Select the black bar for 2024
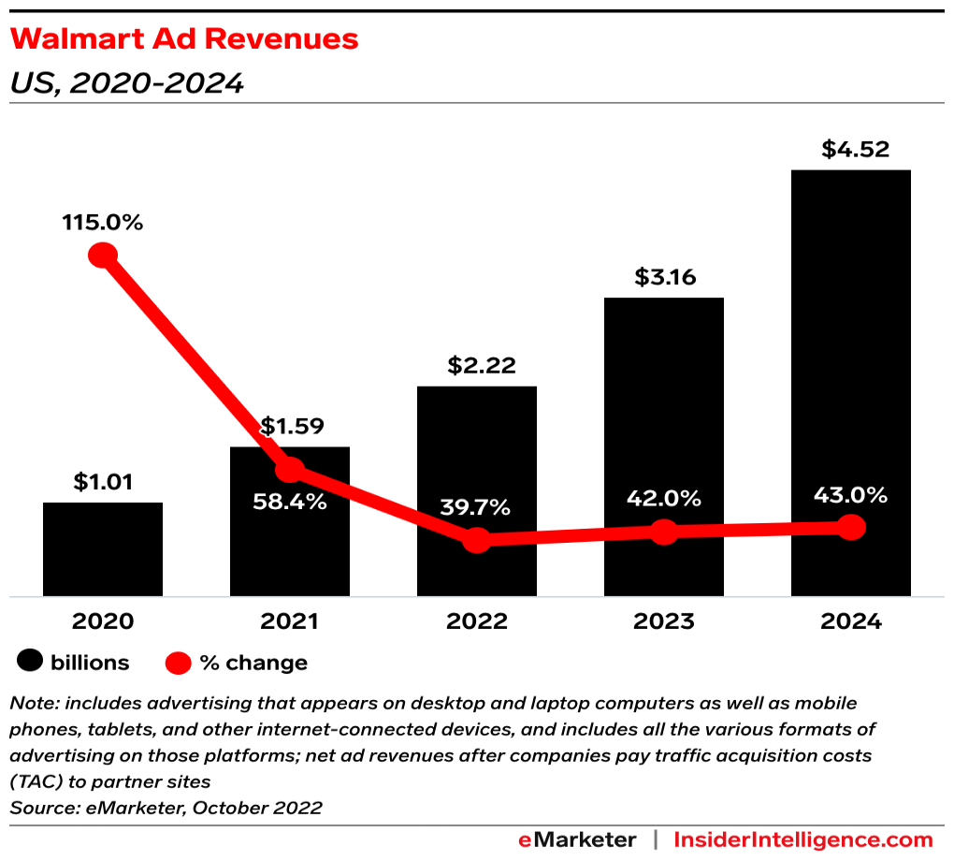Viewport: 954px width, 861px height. [x=850, y=374]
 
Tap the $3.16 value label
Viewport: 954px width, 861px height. [x=663, y=278]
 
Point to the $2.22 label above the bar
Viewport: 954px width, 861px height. [x=477, y=365]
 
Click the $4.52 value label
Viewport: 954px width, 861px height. [x=850, y=150]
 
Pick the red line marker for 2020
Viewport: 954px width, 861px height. [x=103, y=255]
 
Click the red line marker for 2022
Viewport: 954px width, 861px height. [x=477, y=540]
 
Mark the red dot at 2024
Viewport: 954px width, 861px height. [x=850, y=528]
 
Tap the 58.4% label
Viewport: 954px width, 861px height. [x=290, y=502]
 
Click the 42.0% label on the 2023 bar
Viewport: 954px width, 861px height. [x=663, y=498]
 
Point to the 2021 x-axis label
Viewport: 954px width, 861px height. [x=290, y=621]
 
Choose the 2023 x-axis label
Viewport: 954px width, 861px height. [x=663, y=621]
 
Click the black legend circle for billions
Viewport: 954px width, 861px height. [x=31, y=663]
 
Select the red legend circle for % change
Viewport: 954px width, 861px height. [x=179, y=663]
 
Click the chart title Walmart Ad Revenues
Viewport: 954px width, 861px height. [x=183, y=39]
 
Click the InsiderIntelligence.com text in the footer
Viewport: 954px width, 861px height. [x=803, y=839]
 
